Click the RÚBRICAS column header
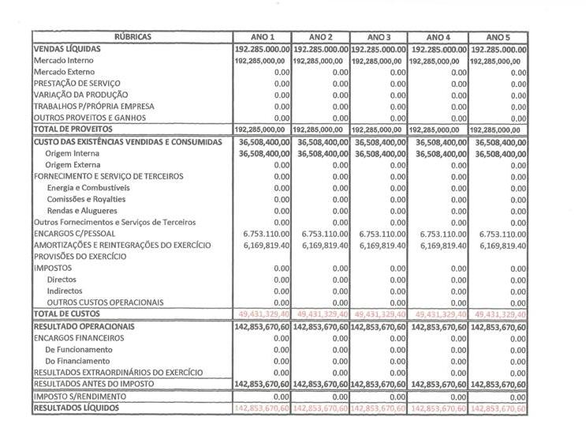[x=133, y=37]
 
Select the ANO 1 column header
[x=263, y=37]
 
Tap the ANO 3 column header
[x=379, y=37]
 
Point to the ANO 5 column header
[x=498, y=37]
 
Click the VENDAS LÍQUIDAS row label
[x=67, y=49]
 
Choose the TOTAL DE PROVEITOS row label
[x=73, y=130]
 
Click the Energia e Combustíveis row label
[x=88, y=188]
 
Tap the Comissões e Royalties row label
[x=87, y=200]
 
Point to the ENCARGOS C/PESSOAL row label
[x=75, y=234]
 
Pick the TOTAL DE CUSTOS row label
[x=66, y=314]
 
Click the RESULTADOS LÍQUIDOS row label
[x=77, y=408]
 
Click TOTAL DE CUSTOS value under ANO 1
[x=263, y=314]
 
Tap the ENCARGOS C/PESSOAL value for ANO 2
[x=322, y=234]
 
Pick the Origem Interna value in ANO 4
[x=439, y=153]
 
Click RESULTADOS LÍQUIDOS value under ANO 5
[x=498, y=408]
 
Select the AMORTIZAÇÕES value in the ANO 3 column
[x=379, y=246]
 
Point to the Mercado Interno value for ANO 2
[x=320, y=60]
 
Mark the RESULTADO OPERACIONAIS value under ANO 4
[x=439, y=326]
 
